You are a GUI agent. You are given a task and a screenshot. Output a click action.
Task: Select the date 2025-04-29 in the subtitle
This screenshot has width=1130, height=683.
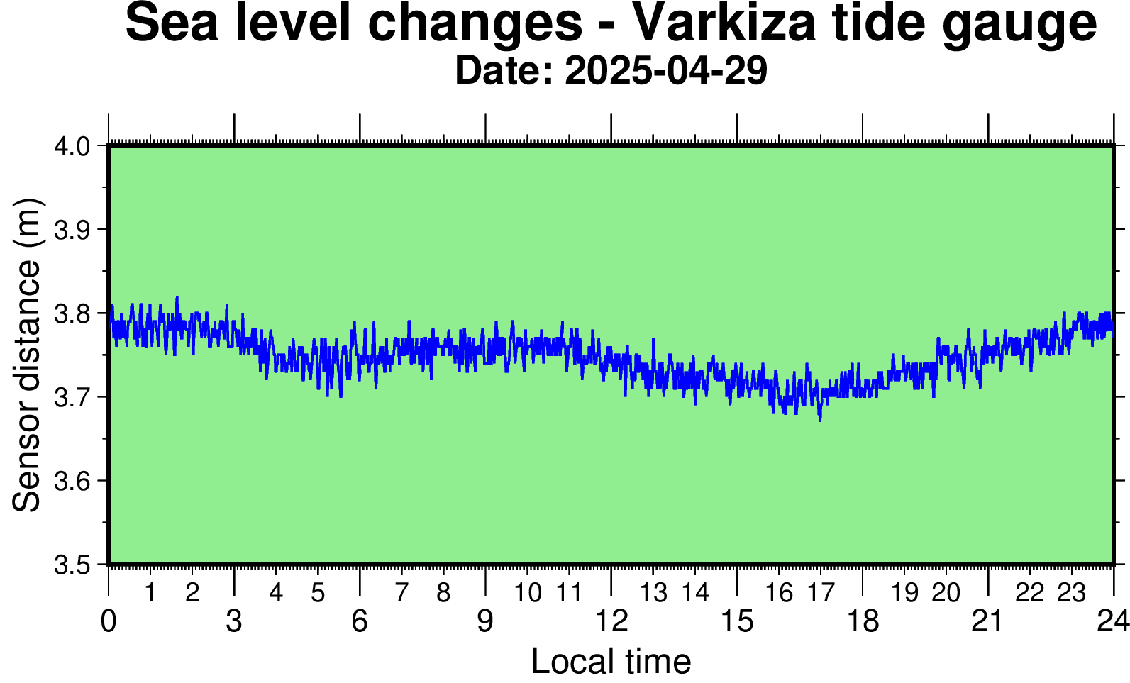tap(666, 70)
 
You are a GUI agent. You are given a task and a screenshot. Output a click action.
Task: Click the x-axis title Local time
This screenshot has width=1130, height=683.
tap(611, 661)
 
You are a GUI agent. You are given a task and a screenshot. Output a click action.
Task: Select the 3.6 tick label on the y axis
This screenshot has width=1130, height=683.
tap(72, 481)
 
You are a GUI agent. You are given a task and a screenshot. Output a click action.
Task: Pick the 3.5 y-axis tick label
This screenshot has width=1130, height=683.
tap(72, 565)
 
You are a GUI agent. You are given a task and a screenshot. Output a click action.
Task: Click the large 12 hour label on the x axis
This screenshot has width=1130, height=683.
tap(611, 621)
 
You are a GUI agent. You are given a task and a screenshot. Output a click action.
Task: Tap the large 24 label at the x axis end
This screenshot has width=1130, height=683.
tap(1114, 621)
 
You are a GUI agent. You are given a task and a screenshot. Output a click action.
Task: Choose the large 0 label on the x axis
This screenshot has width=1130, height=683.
tap(109, 621)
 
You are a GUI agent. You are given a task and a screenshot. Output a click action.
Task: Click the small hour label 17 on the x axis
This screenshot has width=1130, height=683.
tap(821, 593)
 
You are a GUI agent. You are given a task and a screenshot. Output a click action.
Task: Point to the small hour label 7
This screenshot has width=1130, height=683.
tap(401, 593)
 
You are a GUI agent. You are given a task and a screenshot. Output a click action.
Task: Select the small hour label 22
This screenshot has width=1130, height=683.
tap(1029, 593)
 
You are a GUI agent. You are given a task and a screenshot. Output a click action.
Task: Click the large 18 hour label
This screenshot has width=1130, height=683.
tap(863, 621)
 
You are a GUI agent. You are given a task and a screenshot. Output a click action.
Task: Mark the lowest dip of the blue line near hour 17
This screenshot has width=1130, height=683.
tap(820, 421)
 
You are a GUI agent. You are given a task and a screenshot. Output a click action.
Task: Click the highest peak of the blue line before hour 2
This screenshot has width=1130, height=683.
tap(177, 297)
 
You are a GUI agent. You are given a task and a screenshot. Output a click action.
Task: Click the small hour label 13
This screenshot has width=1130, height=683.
tap(654, 593)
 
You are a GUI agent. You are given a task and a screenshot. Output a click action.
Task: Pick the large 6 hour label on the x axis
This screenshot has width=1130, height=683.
tap(360, 621)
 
